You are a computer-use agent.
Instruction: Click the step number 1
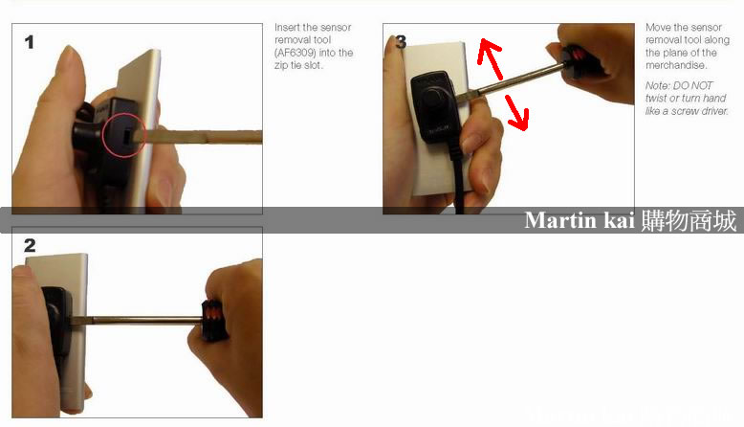[x=30, y=42]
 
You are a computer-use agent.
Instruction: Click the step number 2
[x=30, y=245]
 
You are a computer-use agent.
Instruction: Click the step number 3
[x=402, y=42]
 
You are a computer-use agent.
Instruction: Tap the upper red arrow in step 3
[x=491, y=58]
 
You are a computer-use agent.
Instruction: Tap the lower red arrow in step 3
[x=516, y=112]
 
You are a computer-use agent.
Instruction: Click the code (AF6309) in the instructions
[x=295, y=53]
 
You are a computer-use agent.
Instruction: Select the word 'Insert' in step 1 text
[x=286, y=27]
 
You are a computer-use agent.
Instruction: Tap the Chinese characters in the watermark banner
[x=689, y=220]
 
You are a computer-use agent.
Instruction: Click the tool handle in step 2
[x=214, y=320]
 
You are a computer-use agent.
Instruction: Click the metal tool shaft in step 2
[x=139, y=320]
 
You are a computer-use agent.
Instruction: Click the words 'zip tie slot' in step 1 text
[x=298, y=65]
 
